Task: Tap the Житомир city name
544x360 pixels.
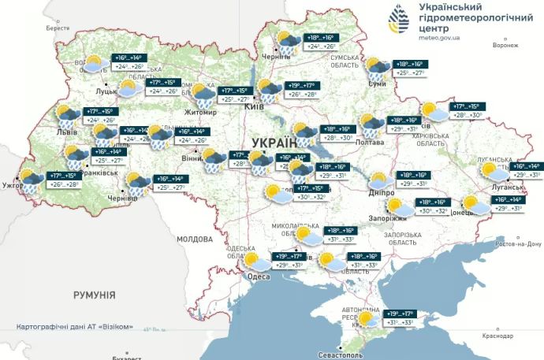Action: tap(201, 113)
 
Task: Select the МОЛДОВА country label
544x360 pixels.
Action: tap(195, 238)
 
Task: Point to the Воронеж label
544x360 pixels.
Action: tap(505, 46)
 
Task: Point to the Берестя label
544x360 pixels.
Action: tap(58, 28)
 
